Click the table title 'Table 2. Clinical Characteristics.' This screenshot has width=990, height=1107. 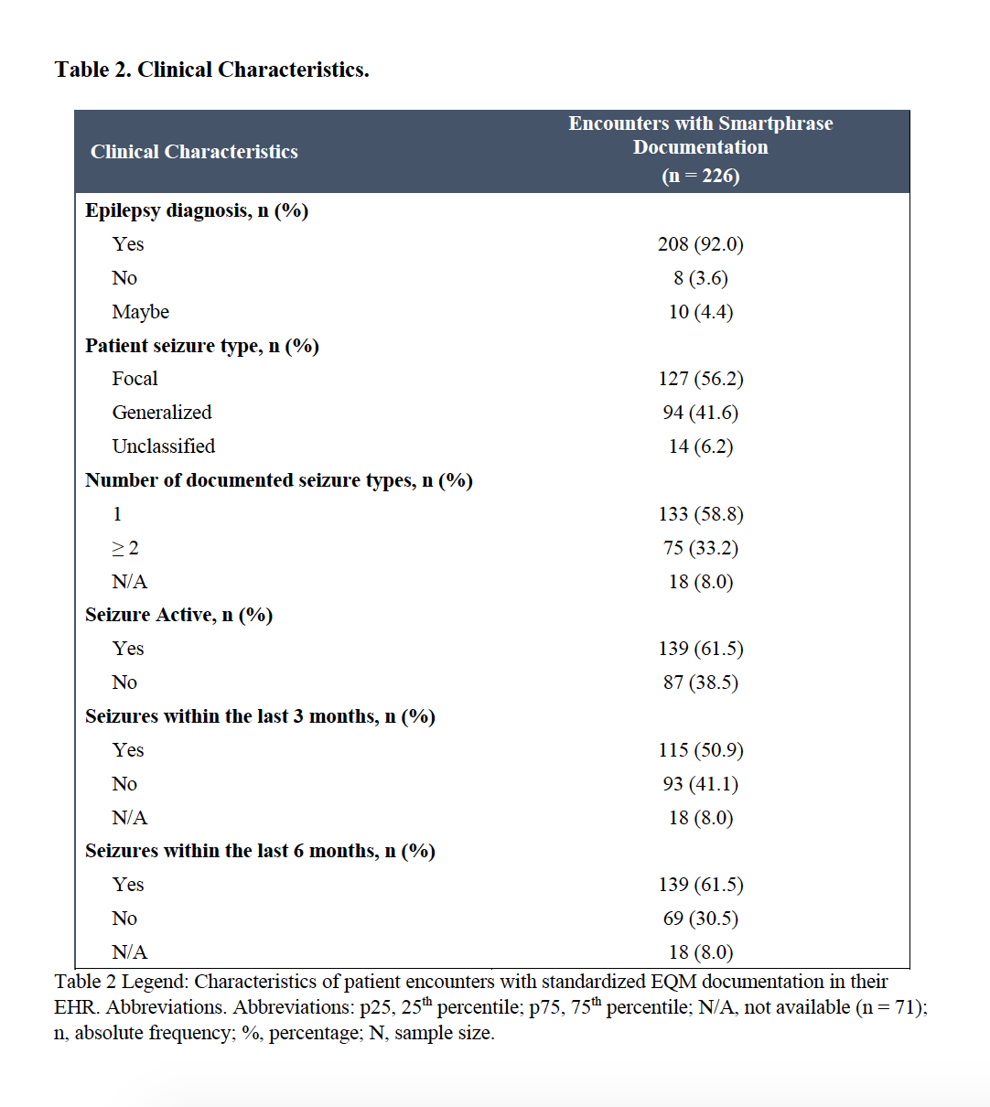(211, 70)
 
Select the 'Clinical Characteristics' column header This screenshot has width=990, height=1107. (194, 152)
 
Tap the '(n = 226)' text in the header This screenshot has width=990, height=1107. (700, 176)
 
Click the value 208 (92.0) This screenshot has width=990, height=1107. (700, 244)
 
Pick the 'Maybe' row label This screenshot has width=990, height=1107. (141, 312)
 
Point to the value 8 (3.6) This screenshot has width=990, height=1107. (700, 278)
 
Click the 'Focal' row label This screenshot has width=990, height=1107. (135, 379)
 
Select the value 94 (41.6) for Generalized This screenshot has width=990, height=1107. (700, 413)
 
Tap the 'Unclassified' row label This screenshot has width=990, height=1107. (164, 446)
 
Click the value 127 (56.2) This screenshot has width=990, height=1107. (700, 379)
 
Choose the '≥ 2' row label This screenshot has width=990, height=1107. (125, 548)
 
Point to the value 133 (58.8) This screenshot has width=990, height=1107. (700, 514)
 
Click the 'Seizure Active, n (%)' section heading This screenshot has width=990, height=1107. (178, 615)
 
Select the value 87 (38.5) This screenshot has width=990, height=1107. (700, 682)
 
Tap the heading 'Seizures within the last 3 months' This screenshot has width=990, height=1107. (260, 716)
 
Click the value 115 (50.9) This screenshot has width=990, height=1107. (700, 750)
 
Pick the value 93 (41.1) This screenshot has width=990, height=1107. (700, 784)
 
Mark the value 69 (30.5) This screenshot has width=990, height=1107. (700, 919)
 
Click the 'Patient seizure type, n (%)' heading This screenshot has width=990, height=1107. (201, 346)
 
